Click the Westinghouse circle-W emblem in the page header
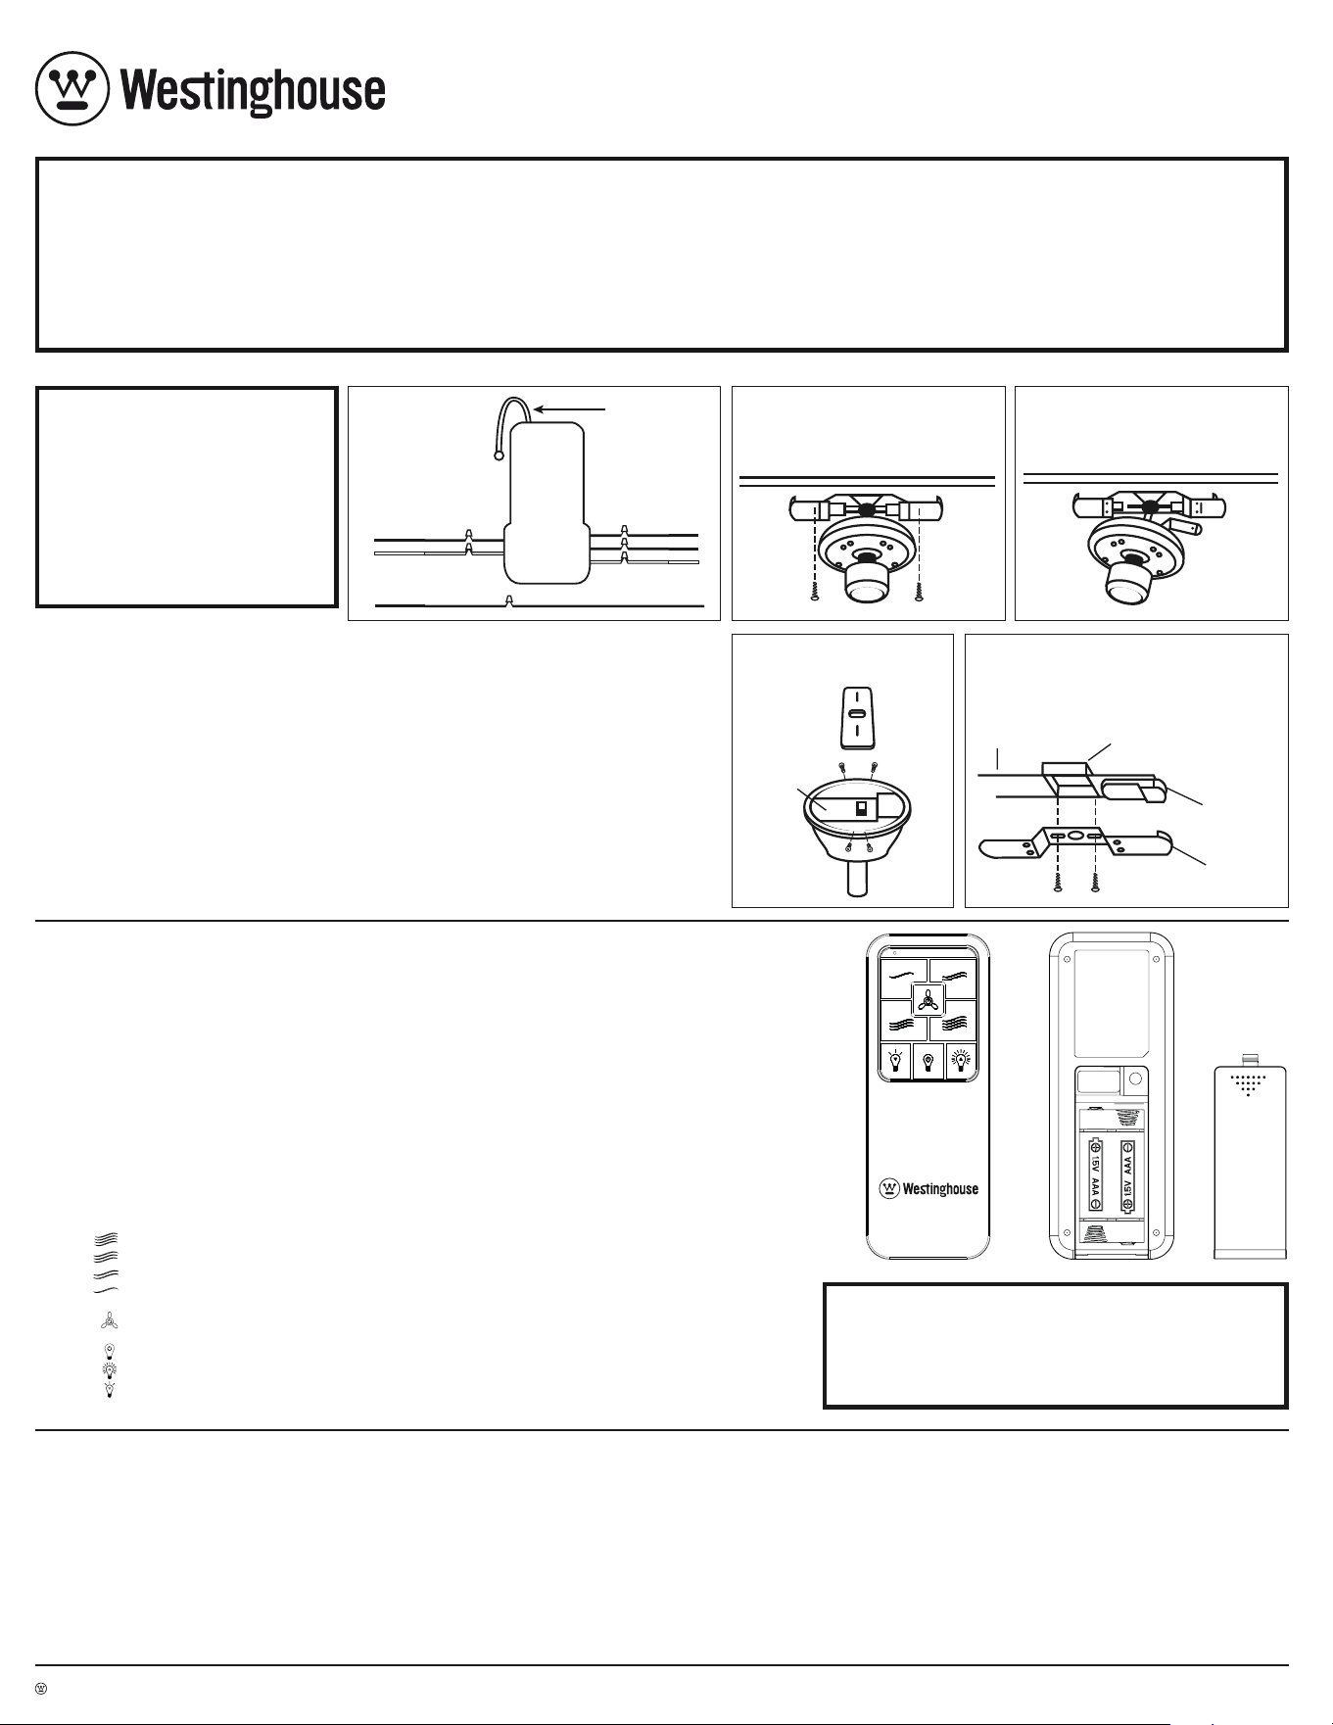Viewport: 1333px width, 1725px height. [71, 88]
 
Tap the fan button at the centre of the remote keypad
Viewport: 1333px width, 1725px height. [928, 1000]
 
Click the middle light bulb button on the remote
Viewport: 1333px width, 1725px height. [928, 1061]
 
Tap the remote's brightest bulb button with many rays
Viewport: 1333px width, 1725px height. [962, 1061]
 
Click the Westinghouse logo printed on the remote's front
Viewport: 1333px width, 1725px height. [928, 1188]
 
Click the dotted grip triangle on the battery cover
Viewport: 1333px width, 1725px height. [1247, 1085]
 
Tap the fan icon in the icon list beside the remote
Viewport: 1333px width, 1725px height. [109, 1320]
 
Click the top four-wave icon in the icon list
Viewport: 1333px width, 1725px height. [109, 1237]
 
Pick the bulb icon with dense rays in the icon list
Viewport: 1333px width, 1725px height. [109, 1367]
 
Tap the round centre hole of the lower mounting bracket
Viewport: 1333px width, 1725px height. [1076, 836]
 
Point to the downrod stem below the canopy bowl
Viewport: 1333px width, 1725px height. [858, 875]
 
